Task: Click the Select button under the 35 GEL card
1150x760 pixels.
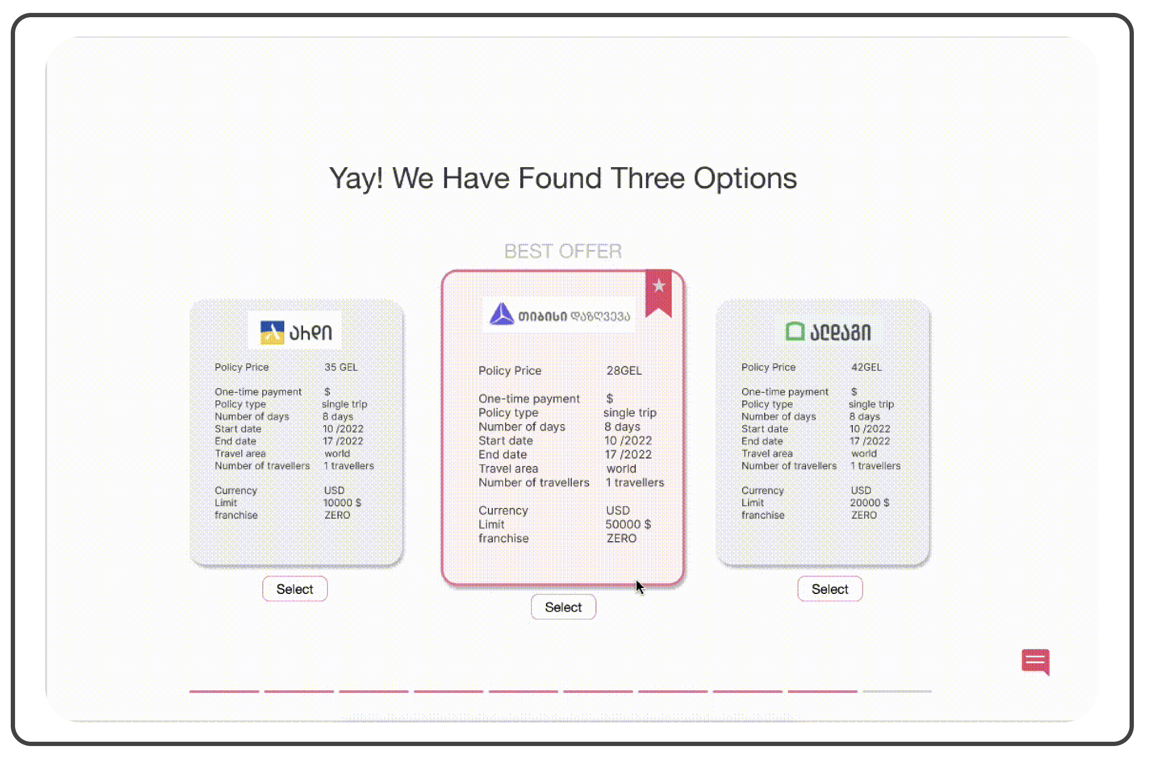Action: click(294, 589)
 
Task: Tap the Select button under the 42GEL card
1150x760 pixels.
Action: click(830, 589)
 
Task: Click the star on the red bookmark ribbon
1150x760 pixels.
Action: click(659, 285)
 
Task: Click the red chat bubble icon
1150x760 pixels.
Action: click(1036, 662)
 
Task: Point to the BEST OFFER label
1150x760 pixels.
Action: click(563, 251)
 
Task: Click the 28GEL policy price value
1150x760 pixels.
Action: click(624, 370)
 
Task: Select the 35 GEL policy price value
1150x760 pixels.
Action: click(341, 367)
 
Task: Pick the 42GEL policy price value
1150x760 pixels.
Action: click(866, 367)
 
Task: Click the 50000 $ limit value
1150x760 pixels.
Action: click(628, 524)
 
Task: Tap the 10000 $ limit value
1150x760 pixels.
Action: click(342, 503)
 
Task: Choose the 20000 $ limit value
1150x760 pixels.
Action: click(869, 503)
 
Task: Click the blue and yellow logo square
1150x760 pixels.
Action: click(272, 332)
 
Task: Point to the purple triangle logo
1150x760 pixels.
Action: click(502, 314)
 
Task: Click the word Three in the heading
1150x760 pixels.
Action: click(648, 178)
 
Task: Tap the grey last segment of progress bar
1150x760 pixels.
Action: click(897, 691)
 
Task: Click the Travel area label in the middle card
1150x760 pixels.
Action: click(508, 468)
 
